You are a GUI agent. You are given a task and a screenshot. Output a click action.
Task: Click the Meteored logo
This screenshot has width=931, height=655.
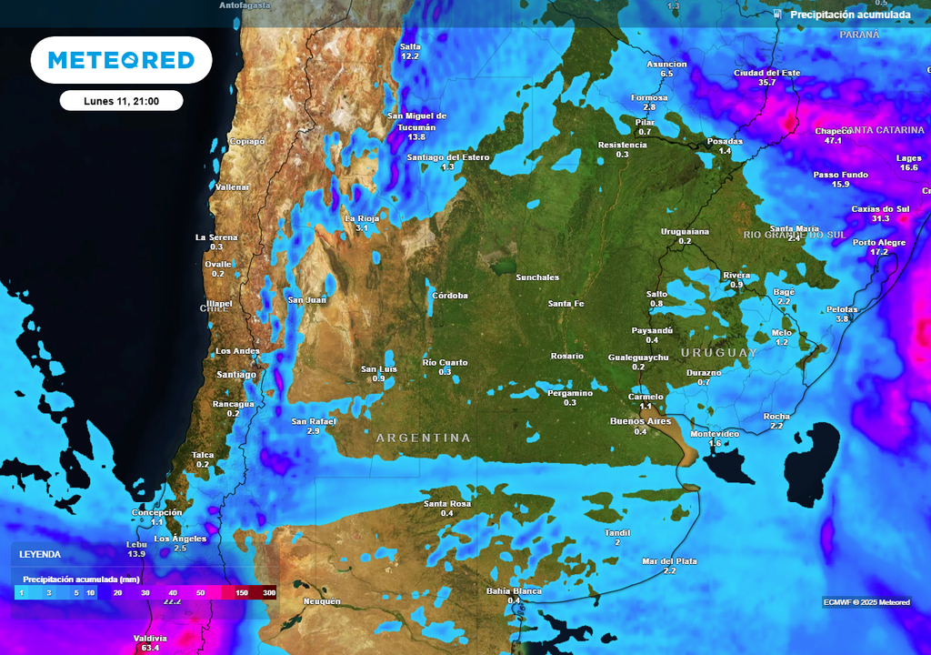coord(121,60)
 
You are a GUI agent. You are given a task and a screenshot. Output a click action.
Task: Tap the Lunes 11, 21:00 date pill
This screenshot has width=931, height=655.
coord(121,101)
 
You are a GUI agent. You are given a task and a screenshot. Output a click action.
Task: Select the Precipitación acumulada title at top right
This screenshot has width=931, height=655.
coord(849,15)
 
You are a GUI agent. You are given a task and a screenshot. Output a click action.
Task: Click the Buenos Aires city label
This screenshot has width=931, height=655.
coord(640,421)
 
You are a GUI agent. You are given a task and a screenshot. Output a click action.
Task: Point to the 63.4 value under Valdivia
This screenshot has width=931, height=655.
coord(151,649)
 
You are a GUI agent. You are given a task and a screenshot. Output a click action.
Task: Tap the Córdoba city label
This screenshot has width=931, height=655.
coord(450,296)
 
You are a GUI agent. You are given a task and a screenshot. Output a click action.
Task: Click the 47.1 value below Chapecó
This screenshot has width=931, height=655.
coord(833,141)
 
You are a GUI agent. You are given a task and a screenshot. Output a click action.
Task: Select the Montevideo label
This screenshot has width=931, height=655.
coord(715,434)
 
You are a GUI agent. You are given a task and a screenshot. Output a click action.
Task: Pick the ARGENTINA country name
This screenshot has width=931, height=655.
coord(424,438)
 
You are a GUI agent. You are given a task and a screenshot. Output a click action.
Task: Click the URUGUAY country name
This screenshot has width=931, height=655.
coord(718,352)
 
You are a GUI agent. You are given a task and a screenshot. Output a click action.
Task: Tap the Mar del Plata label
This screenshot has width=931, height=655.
coord(669,561)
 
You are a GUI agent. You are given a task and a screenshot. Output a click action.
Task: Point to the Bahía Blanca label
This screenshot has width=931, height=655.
coord(514,590)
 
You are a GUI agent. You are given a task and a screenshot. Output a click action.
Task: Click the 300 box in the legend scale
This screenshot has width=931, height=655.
coord(268,592)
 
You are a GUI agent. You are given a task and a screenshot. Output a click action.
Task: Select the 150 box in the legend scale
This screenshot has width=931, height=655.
coord(242,592)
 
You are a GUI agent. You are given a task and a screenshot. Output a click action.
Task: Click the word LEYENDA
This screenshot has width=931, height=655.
coord(40,554)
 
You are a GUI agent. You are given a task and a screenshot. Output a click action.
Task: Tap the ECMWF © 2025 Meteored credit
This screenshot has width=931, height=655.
coord(866,602)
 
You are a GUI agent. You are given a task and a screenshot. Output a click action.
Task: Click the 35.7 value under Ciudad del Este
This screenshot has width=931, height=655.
coord(766,83)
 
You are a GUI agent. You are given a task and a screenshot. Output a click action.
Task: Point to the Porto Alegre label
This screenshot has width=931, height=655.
coord(879,242)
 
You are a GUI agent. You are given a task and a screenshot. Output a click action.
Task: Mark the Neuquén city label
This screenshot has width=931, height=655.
coord(322,601)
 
